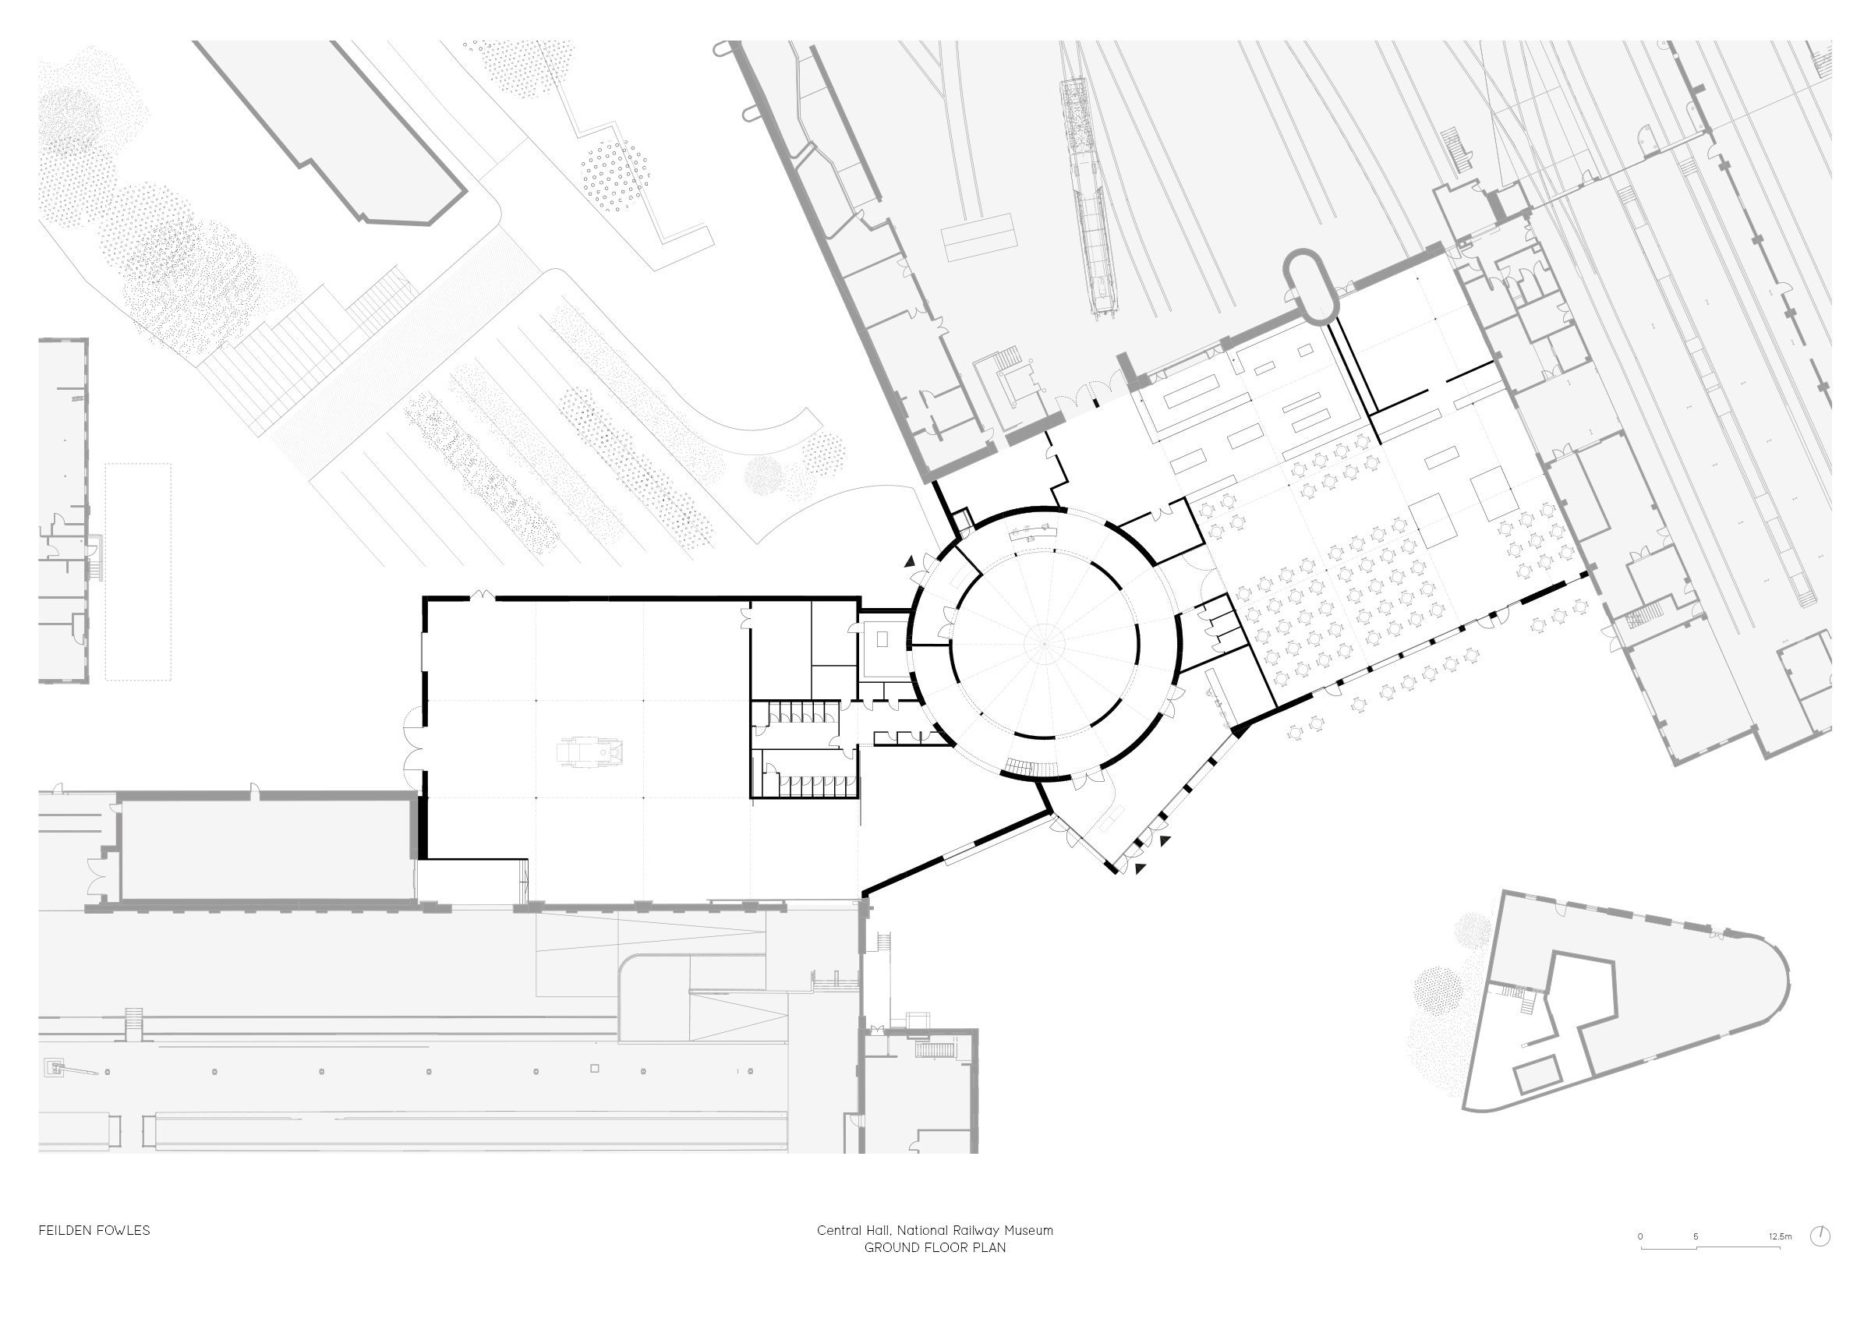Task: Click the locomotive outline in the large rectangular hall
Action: coord(590,751)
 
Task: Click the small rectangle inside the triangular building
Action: coord(1536,1073)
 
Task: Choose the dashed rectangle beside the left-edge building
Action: coord(138,572)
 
